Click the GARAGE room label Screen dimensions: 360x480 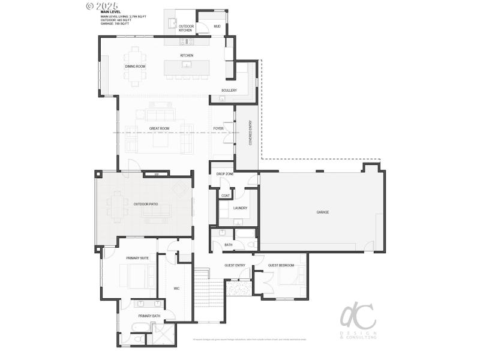point(323,212)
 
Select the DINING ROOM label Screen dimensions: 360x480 point(136,67)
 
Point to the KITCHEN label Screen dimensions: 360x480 point(187,56)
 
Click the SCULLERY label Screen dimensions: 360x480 point(229,91)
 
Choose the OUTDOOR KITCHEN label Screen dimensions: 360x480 point(185,28)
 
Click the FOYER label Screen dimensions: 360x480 point(218,128)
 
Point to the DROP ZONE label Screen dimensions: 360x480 point(225,174)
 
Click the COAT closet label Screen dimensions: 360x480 point(226,195)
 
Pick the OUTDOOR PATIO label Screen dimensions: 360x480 point(146,204)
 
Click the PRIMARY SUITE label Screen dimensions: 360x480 point(137,258)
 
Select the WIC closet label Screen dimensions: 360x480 point(177,289)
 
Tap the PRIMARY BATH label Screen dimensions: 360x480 point(149,316)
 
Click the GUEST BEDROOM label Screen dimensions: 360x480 point(281,265)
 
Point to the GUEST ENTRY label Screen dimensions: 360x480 point(235,265)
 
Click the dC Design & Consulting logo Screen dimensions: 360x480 point(358,320)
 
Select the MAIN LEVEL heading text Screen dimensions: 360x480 point(110,11)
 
